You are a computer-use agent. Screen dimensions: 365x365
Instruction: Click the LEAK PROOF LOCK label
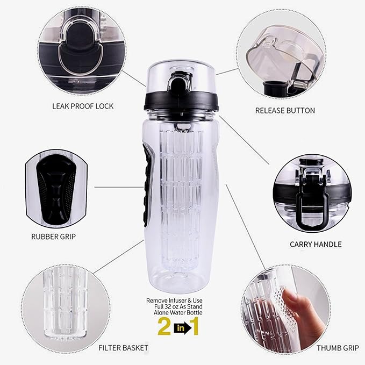pos(83,106)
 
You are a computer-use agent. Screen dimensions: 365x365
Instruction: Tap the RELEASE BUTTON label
pos(285,110)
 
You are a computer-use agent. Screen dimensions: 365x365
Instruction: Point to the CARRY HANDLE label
pos(316,244)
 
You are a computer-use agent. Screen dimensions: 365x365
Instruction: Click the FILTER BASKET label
pos(123,348)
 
